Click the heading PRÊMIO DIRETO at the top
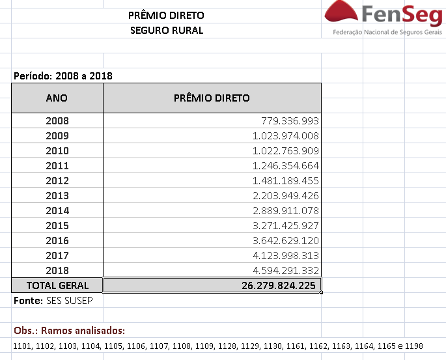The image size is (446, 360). (167, 15)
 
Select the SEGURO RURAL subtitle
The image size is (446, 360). (167, 30)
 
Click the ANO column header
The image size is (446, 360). (57, 98)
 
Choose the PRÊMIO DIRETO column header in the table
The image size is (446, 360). (212, 98)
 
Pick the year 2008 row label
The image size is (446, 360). (57, 121)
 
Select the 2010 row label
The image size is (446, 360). (57, 151)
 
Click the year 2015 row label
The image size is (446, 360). (57, 226)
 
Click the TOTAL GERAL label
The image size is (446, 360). (57, 286)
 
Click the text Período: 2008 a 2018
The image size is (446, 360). (63, 76)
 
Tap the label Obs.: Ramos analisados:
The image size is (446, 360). (69, 330)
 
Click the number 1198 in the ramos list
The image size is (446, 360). (413, 346)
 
